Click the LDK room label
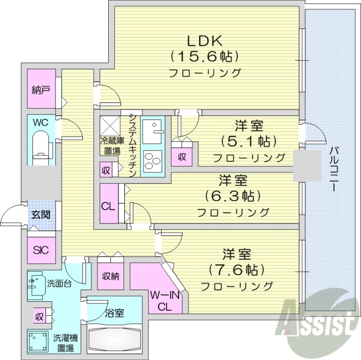(204, 41)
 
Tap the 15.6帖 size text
(204, 56)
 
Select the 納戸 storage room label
(41, 89)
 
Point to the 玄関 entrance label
(41, 215)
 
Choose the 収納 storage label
(110, 276)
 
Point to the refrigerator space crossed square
(109, 124)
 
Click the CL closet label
(108, 207)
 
